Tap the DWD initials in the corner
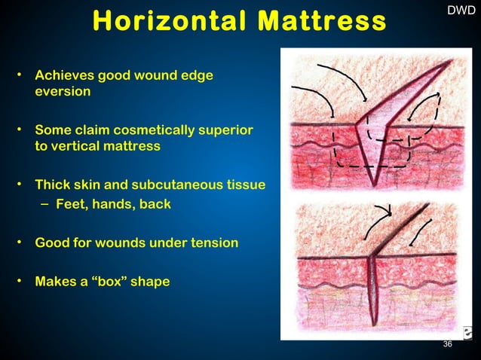[461, 11]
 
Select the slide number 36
[448, 344]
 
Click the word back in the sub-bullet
[153, 204]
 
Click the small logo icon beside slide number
[467, 332]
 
